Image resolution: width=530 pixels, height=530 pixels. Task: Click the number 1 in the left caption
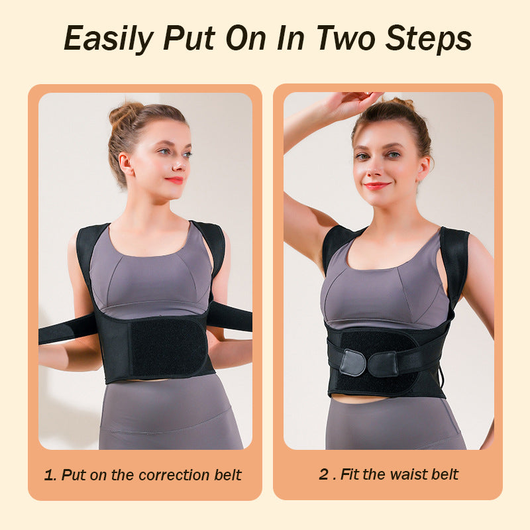48,475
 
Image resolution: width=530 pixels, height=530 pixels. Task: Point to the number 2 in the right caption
323,474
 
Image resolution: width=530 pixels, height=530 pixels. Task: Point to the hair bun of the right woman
402,104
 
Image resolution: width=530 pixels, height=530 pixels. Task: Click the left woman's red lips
175,180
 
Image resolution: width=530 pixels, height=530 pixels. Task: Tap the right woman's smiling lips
376,186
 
